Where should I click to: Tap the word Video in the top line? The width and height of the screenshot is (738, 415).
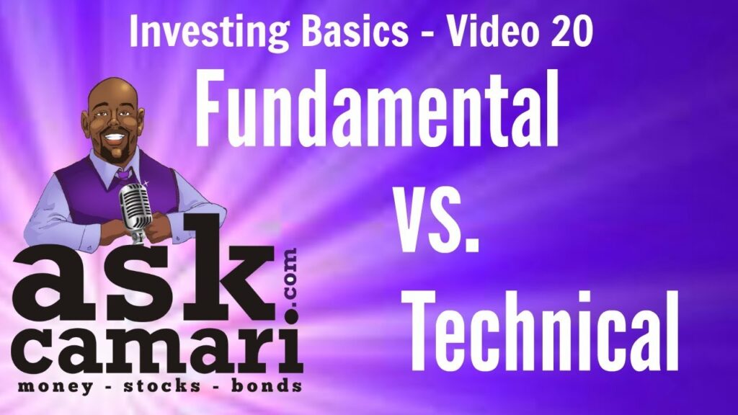click(492, 31)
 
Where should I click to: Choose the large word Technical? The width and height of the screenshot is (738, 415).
click(543, 331)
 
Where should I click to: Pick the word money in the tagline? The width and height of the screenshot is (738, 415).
click(55, 387)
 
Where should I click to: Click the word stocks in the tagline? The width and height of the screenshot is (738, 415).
click(162, 386)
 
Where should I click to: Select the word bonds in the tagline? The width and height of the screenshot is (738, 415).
click(267, 386)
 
